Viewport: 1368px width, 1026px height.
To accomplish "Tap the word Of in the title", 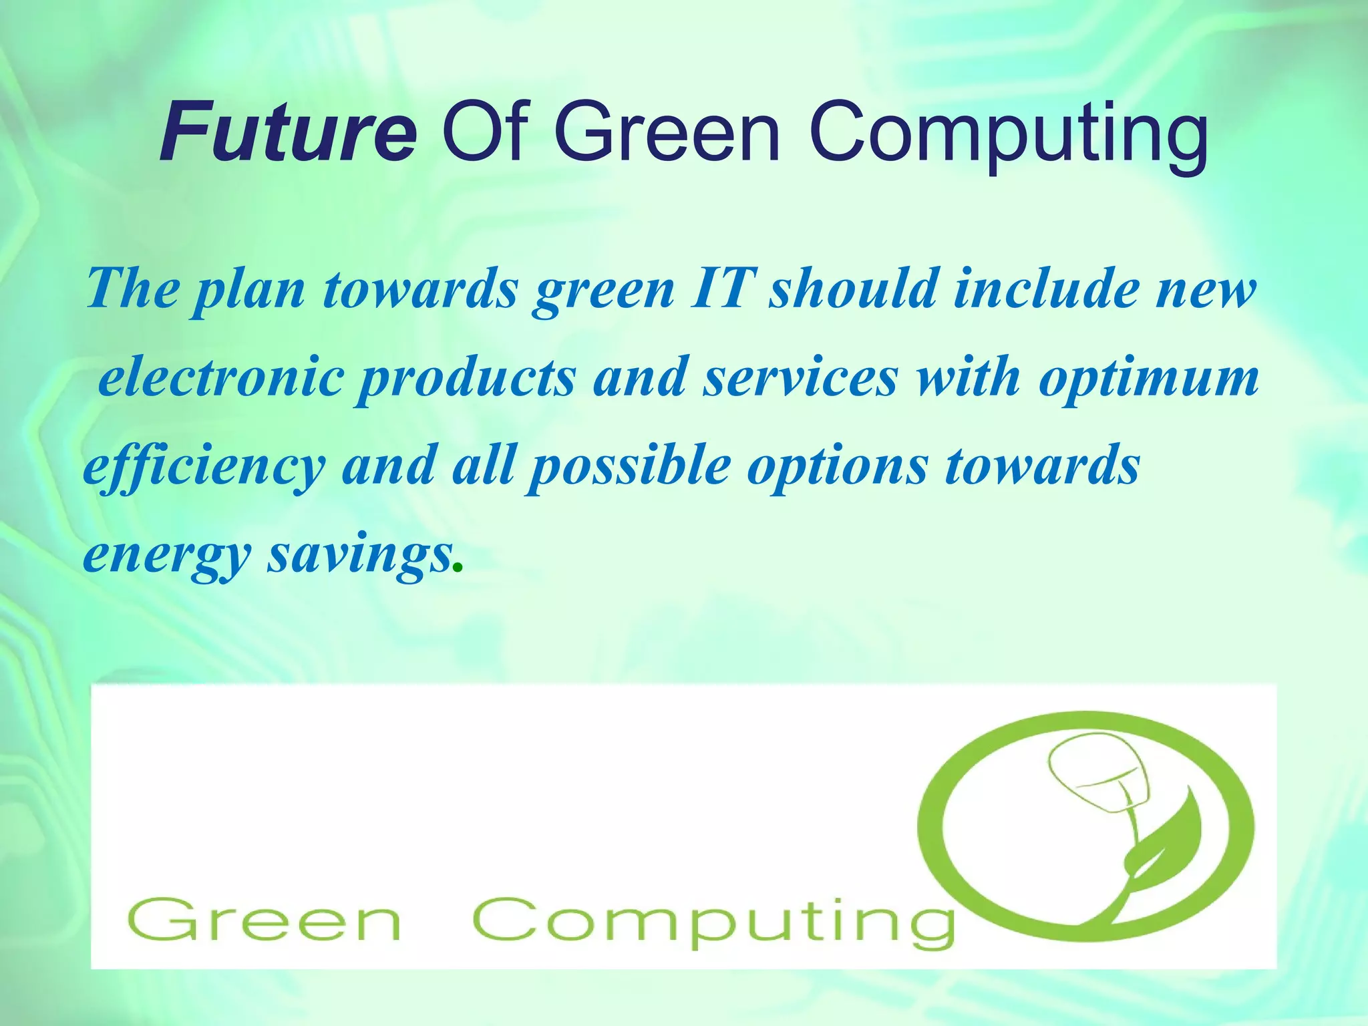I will pyautogui.click(x=486, y=132).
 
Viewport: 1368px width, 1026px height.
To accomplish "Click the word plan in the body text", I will pyautogui.click(x=249, y=291).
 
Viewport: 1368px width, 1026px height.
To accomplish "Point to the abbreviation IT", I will pyautogui.click(x=722, y=288).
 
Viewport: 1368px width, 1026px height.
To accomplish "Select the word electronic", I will pyautogui.click(x=220, y=377).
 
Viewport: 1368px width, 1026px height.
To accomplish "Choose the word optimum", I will pyautogui.click(x=1148, y=379).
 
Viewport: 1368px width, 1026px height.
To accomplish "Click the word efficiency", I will pyautogui.click(x=204, y=467).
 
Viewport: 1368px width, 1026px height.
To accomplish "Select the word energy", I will pyautogui.click(x=167, y=556).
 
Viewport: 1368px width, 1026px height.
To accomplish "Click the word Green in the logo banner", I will pyautogui.click(x=265, y=920).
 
